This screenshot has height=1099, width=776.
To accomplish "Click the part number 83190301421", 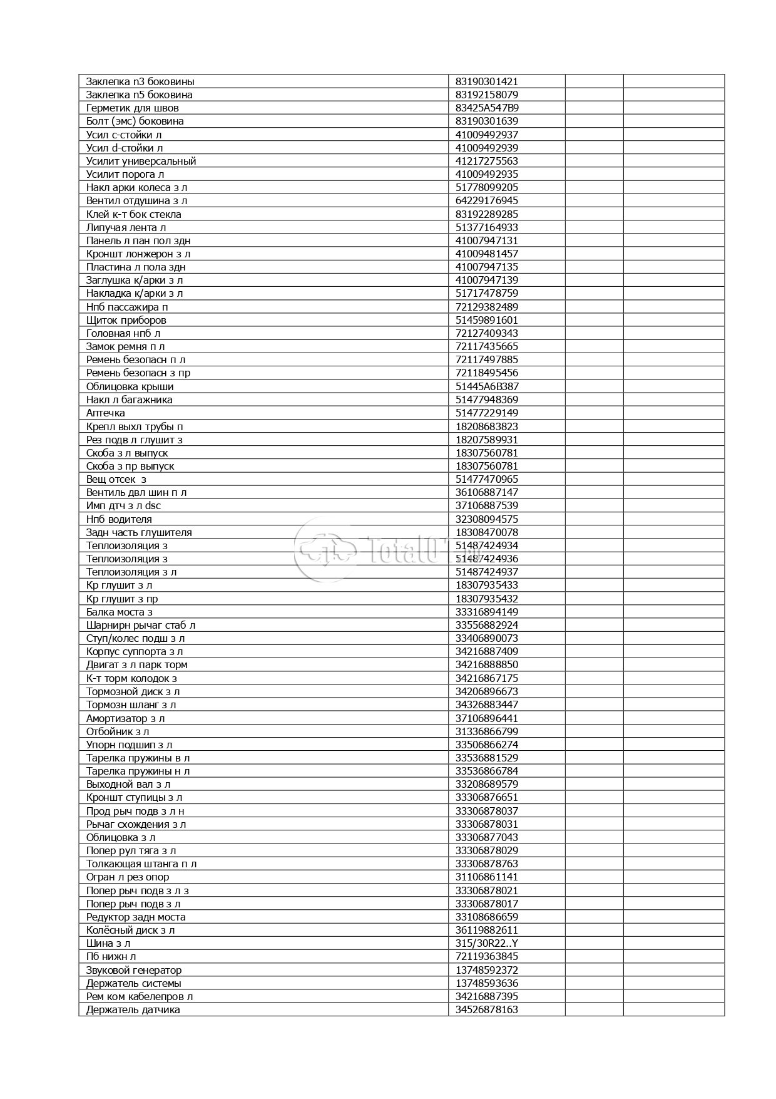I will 486,81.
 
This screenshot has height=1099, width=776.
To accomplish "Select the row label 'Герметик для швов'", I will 132,108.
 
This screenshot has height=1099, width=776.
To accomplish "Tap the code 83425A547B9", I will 487,108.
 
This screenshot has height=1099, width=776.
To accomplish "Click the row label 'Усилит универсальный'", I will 141,161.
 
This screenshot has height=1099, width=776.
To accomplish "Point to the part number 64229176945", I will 486,200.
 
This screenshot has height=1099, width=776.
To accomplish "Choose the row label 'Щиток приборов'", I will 126,320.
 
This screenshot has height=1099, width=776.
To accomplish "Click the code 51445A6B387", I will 487,386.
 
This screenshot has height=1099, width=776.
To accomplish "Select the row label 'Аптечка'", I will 105,413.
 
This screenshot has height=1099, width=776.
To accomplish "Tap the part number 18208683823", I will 486,426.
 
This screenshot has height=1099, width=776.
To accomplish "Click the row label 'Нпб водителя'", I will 119,519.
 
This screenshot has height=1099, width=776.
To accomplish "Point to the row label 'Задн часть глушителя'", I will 139,532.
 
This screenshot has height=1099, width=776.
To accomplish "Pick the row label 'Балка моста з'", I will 119,612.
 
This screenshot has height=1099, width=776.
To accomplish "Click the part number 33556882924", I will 486,625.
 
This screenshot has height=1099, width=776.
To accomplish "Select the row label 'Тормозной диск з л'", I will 133,691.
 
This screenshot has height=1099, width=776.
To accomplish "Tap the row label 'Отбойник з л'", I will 117,731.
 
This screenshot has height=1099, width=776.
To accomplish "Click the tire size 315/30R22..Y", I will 486,943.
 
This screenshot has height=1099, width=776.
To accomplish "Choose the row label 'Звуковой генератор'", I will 134,970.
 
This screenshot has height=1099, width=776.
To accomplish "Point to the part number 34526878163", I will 486,1009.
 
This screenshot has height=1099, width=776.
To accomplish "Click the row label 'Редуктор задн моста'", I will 136,917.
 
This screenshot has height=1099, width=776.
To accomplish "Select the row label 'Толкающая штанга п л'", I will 141,864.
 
